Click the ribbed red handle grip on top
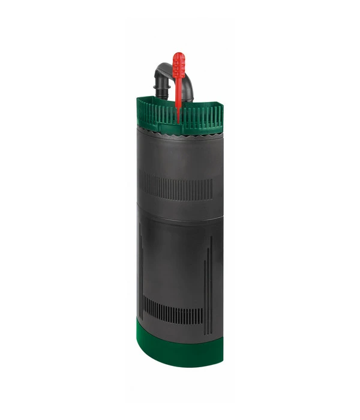tap(178, 67)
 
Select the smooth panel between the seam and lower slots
tap(174, 258)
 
